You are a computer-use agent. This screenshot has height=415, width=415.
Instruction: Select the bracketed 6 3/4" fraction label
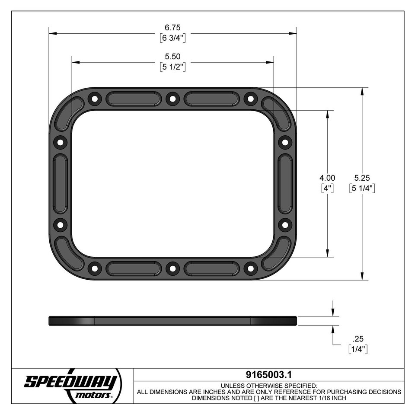click(172, 38)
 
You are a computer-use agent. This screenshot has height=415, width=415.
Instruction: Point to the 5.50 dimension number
click(172, 57)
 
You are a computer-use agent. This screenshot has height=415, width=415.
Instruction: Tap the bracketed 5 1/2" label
click(172, 67)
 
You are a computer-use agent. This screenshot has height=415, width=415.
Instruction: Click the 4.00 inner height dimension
click(327, 178)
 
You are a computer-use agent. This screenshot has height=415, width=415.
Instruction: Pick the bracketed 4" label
click(327, 188)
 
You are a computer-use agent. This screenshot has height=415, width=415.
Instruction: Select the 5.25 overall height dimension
click(362, 178)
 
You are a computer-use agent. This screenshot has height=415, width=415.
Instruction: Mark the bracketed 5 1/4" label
click(362, 188)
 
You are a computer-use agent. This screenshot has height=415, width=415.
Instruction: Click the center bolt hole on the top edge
click(172, 99)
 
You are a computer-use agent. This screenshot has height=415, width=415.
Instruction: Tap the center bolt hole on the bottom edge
click(172, 268)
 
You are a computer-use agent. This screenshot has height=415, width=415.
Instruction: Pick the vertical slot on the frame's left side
click(60, 184)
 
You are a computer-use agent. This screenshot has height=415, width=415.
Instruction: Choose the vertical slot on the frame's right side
click(285, 184)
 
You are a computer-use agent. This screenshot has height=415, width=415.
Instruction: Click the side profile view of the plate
click(172, 321)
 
